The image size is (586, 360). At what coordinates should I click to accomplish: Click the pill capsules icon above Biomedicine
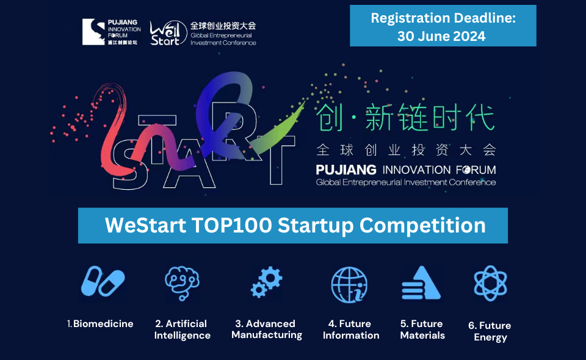[x=103, y=281]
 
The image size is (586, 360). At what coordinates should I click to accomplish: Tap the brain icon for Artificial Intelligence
[x=182, y=283]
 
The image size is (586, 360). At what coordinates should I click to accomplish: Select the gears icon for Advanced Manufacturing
[x=267, y=281]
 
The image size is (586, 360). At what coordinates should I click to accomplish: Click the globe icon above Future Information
[x=349, y=284]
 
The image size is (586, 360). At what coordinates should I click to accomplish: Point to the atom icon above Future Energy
[x=490, y=283]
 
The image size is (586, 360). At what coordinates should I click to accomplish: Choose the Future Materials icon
[x=421, y=283]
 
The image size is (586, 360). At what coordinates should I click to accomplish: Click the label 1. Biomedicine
[x=100, y=324]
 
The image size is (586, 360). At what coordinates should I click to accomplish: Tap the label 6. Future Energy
[x=490, y=331]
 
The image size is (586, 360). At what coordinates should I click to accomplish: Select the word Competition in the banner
[x=422, y=226]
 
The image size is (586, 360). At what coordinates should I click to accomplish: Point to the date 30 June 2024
[x=441, y=36]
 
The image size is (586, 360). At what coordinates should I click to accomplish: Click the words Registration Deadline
[x=443, y=18]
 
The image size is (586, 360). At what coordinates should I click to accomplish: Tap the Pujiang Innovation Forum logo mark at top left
[x=93, y=32]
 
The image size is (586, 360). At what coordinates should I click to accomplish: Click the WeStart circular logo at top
[x=168, y=33]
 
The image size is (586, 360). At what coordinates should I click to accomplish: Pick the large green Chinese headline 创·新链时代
[x=405, y=117]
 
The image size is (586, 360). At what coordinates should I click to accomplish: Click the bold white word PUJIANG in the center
[x=346, y=170]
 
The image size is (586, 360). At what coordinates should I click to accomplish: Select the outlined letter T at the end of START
[x=276, y=160]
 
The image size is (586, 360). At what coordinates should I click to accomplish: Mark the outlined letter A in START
[x=189, y=164]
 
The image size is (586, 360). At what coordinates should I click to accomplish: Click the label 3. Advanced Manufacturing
[x=267, y=329]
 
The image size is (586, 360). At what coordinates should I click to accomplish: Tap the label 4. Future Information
[x=351, y=329]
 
